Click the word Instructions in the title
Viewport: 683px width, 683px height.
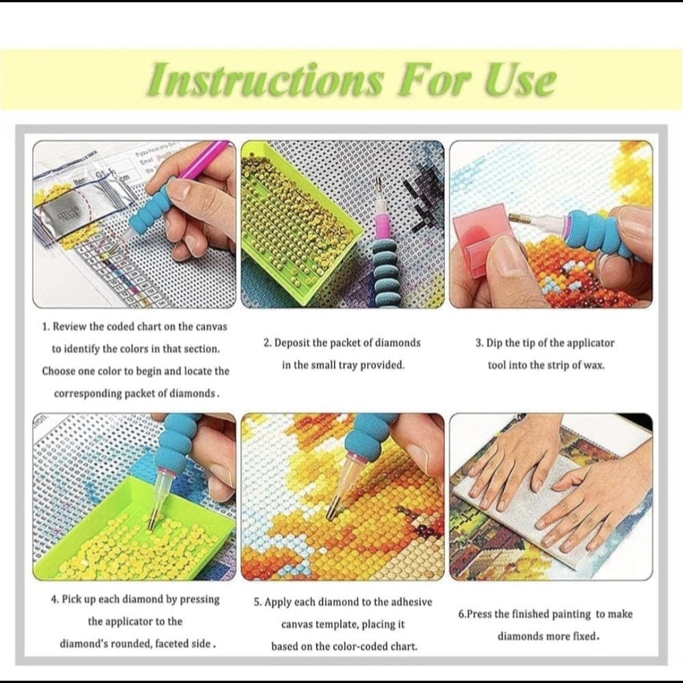266,79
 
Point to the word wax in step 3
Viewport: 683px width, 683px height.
594,365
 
